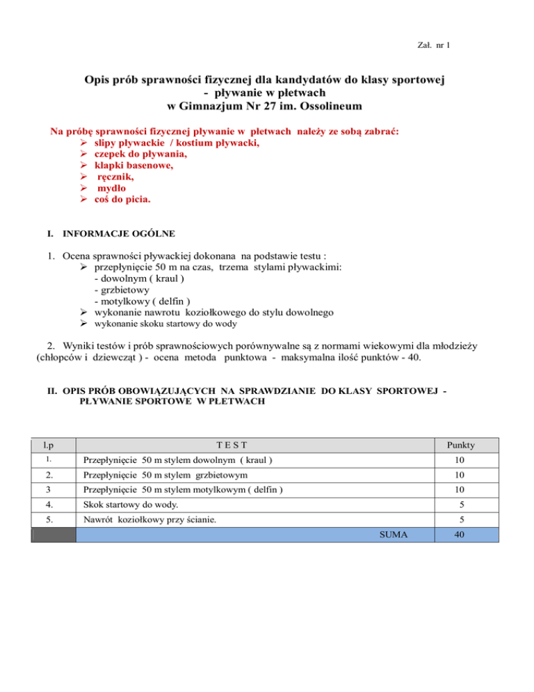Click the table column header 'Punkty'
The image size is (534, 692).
[461, 444]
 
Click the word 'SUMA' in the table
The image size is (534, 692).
[395, 535]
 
